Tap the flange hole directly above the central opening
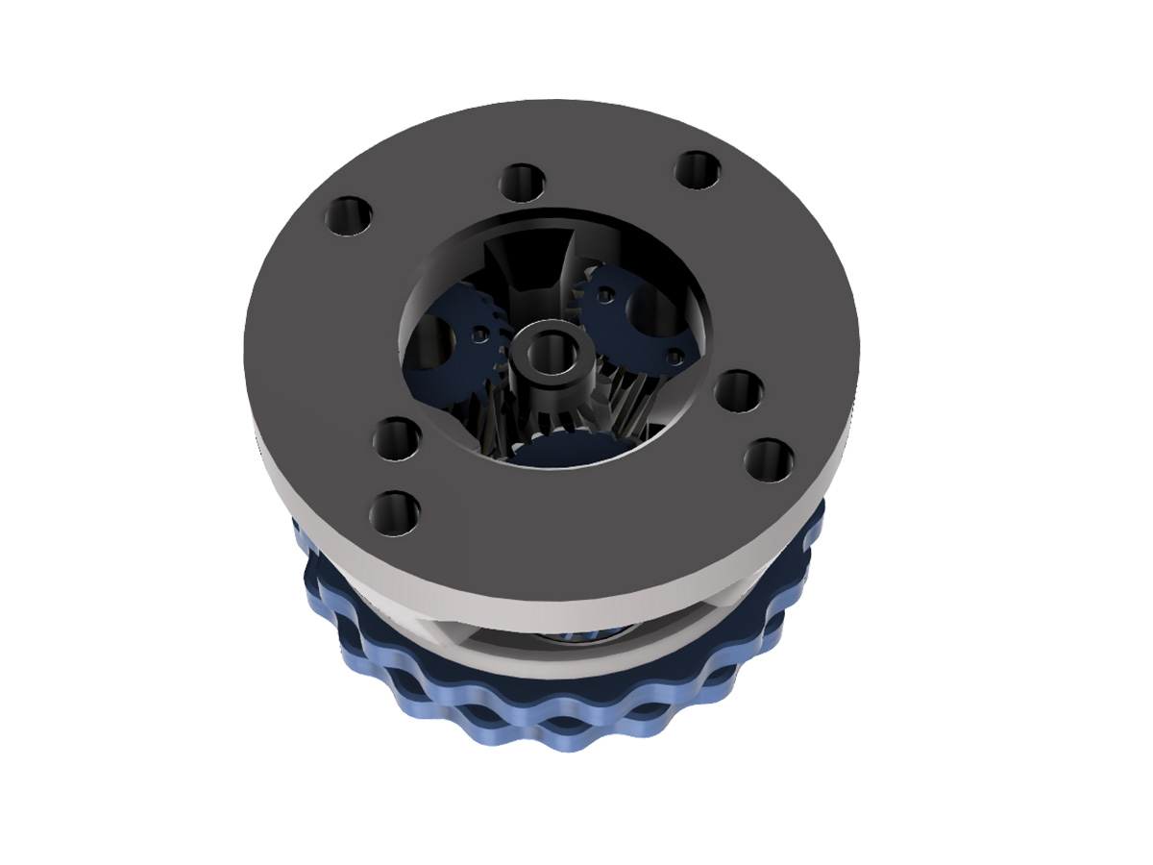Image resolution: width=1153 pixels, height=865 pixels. [522, 182]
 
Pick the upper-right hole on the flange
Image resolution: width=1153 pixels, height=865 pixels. [699, 170]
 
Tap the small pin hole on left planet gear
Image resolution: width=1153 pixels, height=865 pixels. [479, 334]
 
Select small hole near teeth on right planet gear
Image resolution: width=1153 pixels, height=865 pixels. [604, 295]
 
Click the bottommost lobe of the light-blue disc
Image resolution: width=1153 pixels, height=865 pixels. [567, 740]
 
